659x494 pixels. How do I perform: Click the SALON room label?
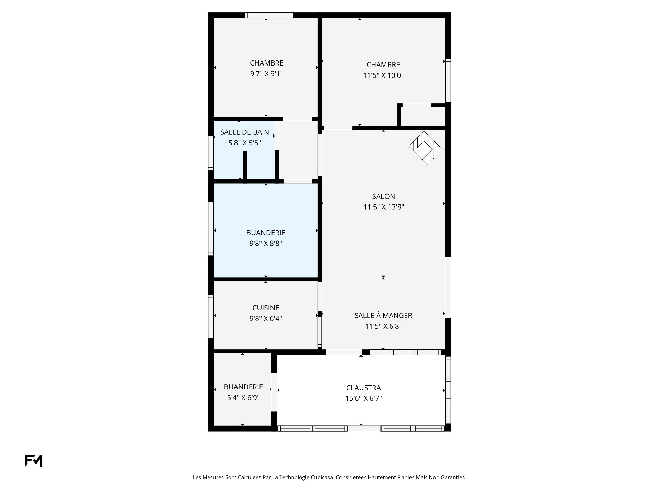tap(383, 197)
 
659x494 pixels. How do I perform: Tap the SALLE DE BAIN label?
tap(244, 132)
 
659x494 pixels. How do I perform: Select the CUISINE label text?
tap(266, 308)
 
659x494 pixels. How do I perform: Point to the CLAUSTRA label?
tap(363, 388)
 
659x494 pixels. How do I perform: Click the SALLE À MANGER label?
tap(383, 315)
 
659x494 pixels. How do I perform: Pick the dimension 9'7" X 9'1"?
tap(266, 74)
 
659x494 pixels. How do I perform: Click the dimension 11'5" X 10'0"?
tap(383, 75)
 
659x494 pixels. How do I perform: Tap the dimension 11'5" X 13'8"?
tap(384, 207)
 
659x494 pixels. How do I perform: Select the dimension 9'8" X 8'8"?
tap(266, 244)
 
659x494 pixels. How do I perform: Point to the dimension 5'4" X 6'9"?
tap(243, 398)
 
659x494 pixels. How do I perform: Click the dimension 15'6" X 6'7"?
tap(363, 399)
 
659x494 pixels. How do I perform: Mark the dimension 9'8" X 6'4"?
tap(266, 319)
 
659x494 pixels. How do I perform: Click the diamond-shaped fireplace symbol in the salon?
tap(426, 148)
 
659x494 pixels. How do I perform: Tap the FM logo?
tap(34, 461)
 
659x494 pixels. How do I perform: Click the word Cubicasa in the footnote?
tap(322, 477)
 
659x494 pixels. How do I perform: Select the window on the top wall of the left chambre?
tap(269, 15)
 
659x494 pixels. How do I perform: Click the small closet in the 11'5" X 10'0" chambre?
tap(423, 116)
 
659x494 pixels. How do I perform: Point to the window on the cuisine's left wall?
tap(211, 317)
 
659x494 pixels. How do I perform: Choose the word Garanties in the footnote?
tap(454, 477)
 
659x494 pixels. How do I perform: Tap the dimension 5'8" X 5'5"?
tap(245, 143)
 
